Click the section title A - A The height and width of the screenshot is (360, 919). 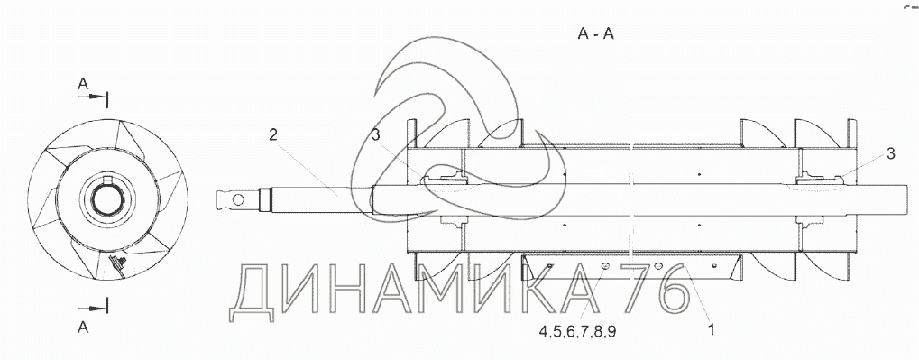tap(595, 34)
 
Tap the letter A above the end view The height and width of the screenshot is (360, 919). tap(83, 85)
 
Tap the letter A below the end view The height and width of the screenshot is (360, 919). tap(83, 328)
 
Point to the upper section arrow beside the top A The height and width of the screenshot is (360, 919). tap(94, 97)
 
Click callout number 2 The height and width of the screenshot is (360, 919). tap(273, 134)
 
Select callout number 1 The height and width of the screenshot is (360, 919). tap(712, 329)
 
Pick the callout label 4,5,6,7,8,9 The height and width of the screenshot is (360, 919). tap(578, 332)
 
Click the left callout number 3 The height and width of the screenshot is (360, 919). tap(376, 134)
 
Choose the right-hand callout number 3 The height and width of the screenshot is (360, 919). tap(890, 153)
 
